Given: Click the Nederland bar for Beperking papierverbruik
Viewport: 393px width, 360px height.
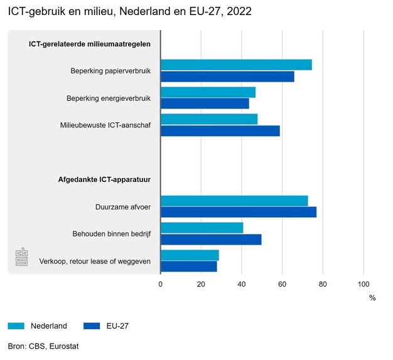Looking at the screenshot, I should point(236,65).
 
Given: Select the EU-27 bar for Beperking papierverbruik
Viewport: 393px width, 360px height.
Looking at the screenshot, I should point(227,77).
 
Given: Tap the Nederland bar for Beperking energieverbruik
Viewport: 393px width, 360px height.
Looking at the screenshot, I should point(208,92).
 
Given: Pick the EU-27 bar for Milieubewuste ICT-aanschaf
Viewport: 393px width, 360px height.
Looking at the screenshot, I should point(220,131).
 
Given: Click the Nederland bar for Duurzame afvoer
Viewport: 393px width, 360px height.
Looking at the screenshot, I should point(234,201).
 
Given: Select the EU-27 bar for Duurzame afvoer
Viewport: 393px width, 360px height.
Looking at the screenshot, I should point(239,212).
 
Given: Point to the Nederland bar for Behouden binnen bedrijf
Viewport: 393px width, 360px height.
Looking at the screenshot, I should point(202,228).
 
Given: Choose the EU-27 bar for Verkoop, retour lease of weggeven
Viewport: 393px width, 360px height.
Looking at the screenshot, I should point(189,267).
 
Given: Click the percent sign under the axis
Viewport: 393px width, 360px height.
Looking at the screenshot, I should point(372,298).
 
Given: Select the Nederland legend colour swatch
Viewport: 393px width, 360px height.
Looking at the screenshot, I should point(16,326).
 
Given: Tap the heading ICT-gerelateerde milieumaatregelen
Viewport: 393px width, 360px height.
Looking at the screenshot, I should point(90,44).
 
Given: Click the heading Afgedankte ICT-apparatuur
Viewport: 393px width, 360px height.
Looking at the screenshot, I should point(103,180).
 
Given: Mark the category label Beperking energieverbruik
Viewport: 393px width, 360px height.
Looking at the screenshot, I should point(109,98).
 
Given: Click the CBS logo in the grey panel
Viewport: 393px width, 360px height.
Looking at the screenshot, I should point(21,257).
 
